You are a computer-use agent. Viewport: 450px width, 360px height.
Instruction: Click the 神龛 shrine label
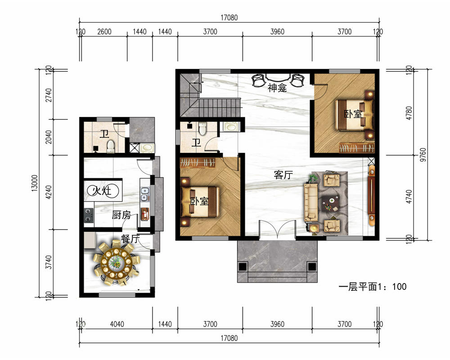pos(277,88)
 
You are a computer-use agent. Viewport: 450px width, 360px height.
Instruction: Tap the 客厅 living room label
pos(283,175)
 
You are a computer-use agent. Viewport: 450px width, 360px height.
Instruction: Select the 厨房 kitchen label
pos(121,215)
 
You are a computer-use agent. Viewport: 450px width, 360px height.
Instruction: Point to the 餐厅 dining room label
pos(130,238)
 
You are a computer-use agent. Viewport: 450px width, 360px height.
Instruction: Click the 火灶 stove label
pos(103,190)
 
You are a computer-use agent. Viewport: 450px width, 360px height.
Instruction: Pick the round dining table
pos(116,263)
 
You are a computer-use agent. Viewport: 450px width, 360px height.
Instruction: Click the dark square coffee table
pos(330,203)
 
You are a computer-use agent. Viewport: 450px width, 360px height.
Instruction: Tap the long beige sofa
pos(311,203)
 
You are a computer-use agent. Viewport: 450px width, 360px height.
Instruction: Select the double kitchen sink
pos(144,194)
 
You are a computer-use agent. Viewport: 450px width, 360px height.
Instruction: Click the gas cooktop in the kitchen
pos(89,216)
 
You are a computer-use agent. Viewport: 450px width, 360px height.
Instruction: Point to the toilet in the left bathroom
pos(111,146)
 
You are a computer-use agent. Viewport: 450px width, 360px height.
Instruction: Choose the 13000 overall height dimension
pos(35,183)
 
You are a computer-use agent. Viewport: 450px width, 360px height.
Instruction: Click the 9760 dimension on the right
pos(423,155)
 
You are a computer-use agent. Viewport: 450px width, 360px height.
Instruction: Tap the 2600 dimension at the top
pos(104,31)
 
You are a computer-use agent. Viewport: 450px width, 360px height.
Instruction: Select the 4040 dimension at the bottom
pos(117,324)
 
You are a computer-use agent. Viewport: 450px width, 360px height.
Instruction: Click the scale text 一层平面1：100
pos(373,287)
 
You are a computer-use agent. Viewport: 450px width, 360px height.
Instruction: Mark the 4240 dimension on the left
pos(49,192)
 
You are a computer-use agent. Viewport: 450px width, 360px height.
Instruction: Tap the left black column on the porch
pos(243,266)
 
